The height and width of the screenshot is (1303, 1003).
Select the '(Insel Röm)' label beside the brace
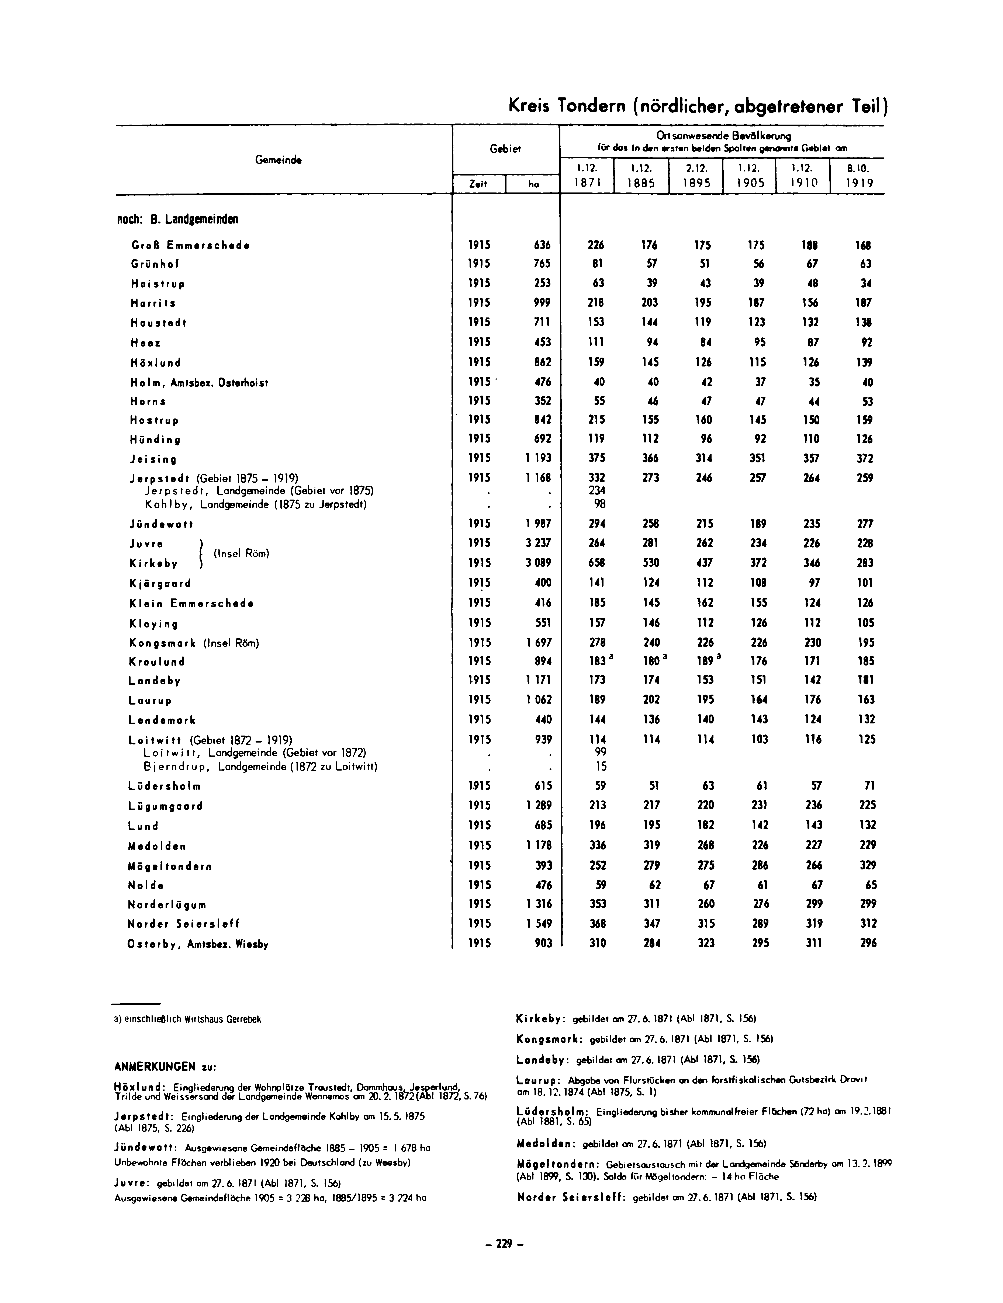pyautogui.click(x=241, y=553)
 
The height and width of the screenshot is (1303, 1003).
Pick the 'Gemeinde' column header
pyautogui.click(x=278, y=160)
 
